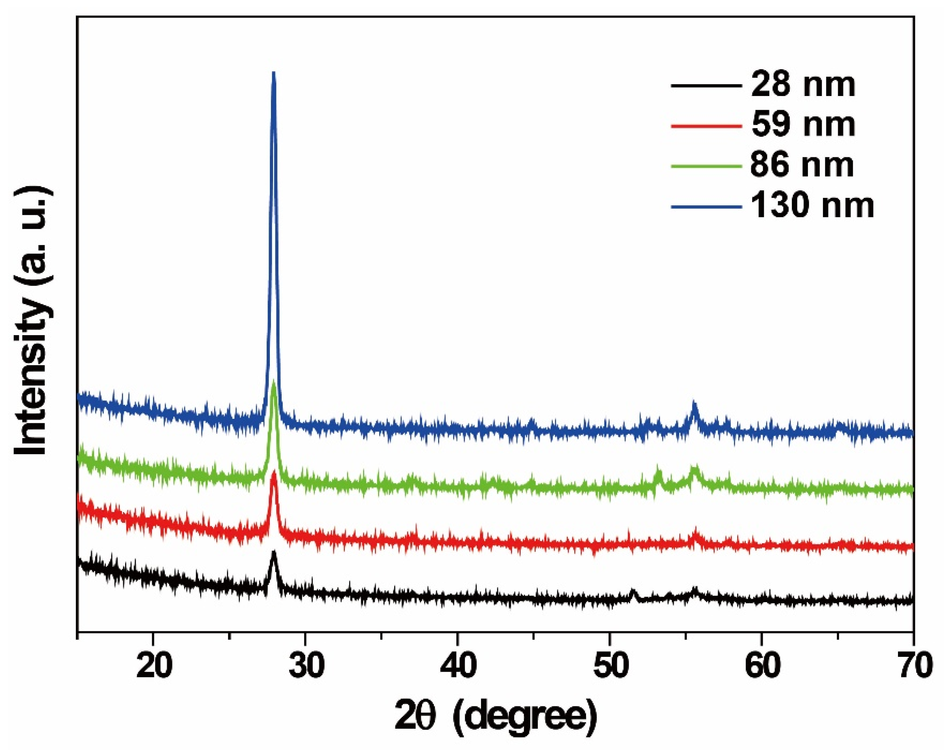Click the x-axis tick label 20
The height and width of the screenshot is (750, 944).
click(153, 666)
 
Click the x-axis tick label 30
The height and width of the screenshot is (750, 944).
click(305, 666)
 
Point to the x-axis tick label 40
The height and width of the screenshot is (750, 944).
click(457, 666)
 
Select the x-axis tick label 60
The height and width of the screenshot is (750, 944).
click(761, 666)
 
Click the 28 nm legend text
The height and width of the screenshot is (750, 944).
click(802, 85)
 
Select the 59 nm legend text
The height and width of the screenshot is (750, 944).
click(802, 125)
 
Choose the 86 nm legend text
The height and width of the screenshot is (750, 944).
click(802, 166)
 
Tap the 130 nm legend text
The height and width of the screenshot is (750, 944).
click(812, 205)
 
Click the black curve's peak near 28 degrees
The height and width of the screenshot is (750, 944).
click(274, 552)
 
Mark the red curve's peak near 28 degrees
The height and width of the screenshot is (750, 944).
click(274, 473)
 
